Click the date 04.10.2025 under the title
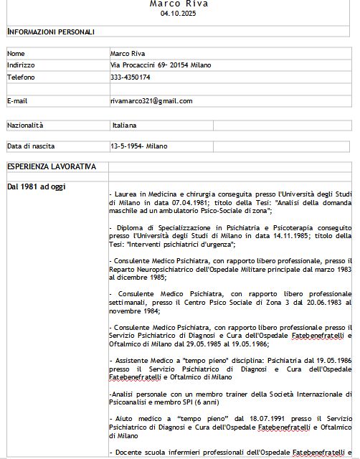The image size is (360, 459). pos(179,14)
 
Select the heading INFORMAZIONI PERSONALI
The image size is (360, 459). pos(50,32)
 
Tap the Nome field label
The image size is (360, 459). pos(16,53)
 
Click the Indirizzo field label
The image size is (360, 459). pos(21,65)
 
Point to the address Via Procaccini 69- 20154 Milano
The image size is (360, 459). pos(161,65)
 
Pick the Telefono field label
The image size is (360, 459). pos(21,77)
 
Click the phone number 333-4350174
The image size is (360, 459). pos(131,77)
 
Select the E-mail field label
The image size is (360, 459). pos(17,101)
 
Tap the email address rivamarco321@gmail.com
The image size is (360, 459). pos(151,101)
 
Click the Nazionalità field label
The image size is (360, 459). pos(25,125)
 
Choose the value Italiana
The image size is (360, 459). pos(124,125)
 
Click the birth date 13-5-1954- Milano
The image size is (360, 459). pos(138,146)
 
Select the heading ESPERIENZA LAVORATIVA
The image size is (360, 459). pos(51,166)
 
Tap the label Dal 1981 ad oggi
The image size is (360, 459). pos(36,186)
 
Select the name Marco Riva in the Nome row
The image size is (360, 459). pos(127,53)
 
